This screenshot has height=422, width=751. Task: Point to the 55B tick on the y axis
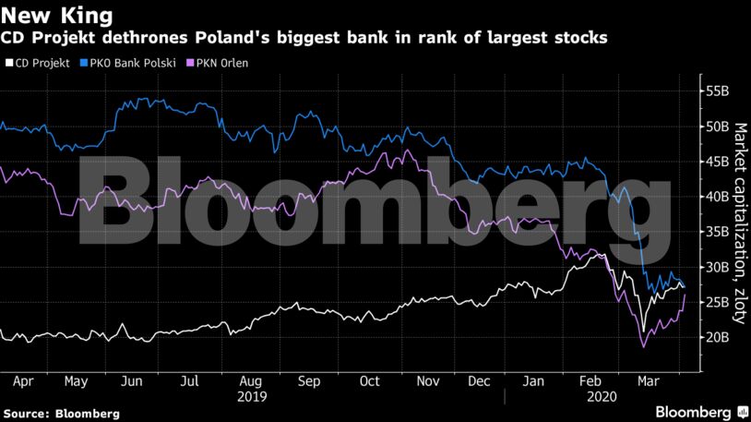(x=717, y=90)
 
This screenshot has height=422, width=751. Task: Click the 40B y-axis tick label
(x=717, y=197)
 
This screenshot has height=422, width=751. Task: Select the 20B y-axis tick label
(x=717, y=338)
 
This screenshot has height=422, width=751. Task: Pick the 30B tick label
(x=717, y=268)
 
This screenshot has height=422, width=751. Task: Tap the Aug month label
(x=250, y=380)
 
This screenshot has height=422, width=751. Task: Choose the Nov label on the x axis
(x=426, y=380)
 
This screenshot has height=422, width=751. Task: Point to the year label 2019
(x=251, y=396)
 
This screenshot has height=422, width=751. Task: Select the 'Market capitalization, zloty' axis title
(x=739, y=222)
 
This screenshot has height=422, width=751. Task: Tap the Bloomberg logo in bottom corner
(x=694, y=411)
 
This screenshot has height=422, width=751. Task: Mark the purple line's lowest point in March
(x=643, y=347)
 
